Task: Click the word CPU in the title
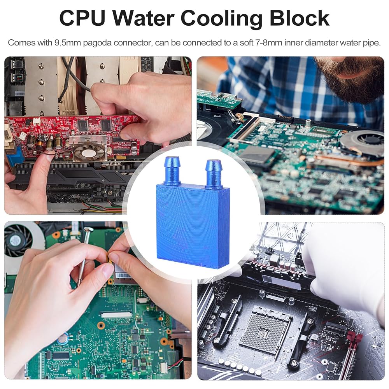82,18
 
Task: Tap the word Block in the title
299,18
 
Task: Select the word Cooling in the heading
221,19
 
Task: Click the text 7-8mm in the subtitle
269,43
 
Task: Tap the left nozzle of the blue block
172,171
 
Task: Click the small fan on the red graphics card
89,152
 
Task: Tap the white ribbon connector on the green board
116,315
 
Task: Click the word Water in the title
143,18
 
